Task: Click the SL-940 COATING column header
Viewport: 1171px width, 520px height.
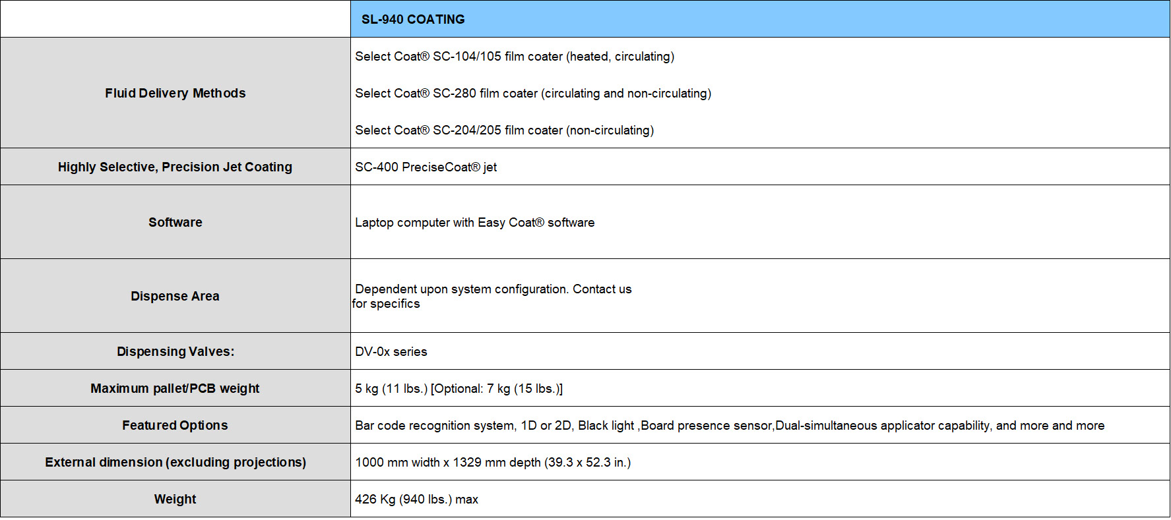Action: tap(413, 20)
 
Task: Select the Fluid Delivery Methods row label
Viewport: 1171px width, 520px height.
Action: tap(175, 94)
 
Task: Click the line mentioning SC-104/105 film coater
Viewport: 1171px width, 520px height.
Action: tap(515, 57)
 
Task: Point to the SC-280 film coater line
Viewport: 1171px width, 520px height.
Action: tap(533, 94)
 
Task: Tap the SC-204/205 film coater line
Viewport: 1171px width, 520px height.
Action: tap(505, 130)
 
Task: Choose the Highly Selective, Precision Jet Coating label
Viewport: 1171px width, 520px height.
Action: tap(175, 167)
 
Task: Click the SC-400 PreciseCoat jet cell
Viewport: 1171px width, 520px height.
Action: tap(426, 167)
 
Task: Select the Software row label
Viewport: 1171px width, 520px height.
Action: tap(175, 223)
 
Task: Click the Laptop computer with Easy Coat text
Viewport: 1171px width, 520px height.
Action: tap(475, 223)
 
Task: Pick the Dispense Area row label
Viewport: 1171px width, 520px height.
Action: tap(175, 297)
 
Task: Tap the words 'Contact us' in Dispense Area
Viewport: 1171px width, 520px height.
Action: tap(602, 289)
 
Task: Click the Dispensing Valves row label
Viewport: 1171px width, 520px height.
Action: tap(175, 352)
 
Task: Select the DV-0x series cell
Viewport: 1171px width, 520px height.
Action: tap(391, 352)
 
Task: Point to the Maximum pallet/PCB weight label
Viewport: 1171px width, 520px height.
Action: tap(175, 389)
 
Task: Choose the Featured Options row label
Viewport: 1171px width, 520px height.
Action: tap(175, 426)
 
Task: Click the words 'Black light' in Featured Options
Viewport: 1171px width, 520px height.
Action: tap(606, 426)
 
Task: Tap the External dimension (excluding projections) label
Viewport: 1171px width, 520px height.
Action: tap(175, 463)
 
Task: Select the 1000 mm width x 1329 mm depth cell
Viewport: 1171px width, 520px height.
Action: tap(493, 463)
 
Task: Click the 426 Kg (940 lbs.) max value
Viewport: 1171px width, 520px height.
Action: tap(416, 500)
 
